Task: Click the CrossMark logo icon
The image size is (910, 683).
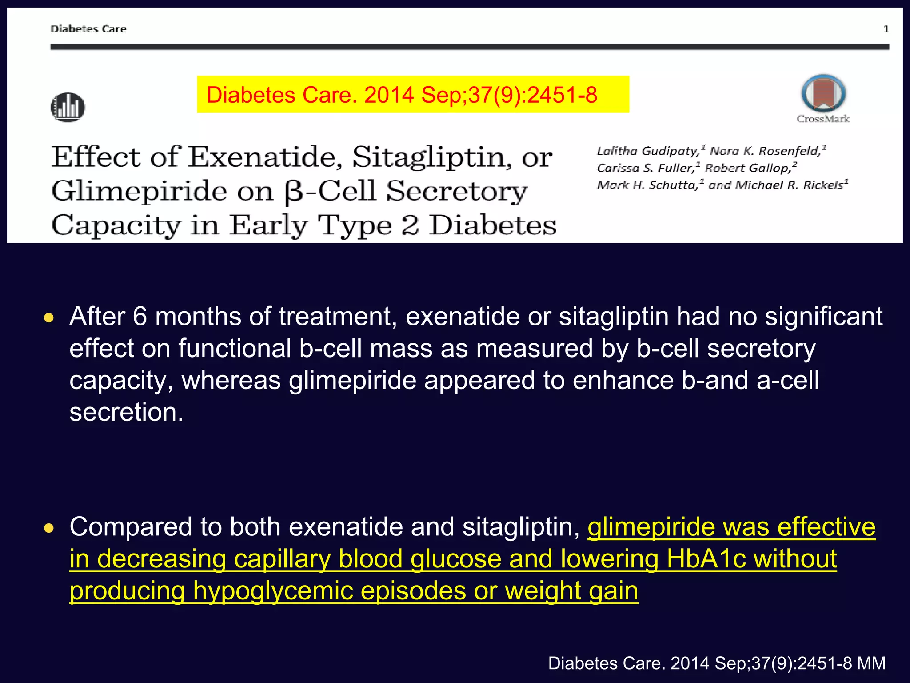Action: click(823, 94)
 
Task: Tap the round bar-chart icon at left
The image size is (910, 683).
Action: click(68, 107)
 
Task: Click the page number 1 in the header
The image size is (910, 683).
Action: click(886, 29)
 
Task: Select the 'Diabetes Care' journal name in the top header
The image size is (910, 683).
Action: click(88, 29)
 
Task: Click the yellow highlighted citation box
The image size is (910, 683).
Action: click(413, 95)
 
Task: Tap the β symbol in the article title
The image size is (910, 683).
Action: click(293, 193)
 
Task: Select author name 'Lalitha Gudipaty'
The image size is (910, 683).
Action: click(647, 151)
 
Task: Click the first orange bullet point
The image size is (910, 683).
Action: click(49, 318)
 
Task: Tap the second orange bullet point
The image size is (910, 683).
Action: click(49, 528)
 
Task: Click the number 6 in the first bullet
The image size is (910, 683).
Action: click(140, 317)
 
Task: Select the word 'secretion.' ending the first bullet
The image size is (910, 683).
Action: click(126, 412)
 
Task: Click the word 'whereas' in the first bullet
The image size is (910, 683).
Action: click(231, 381)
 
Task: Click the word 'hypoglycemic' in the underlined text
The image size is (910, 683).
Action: click(273, 591)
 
